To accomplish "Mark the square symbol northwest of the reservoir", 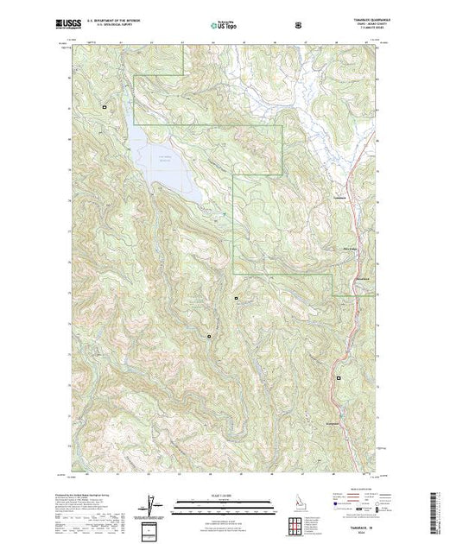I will click(105, 107).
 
